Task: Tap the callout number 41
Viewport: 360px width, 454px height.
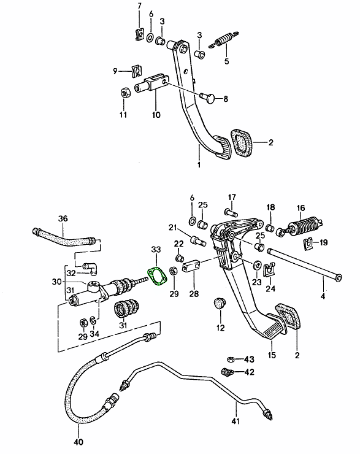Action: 236,420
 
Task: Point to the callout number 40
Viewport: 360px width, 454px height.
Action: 79,442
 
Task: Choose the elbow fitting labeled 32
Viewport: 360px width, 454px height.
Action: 91,268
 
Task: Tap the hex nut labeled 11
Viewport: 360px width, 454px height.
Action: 125,93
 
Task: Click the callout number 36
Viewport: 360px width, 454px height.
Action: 63,218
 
